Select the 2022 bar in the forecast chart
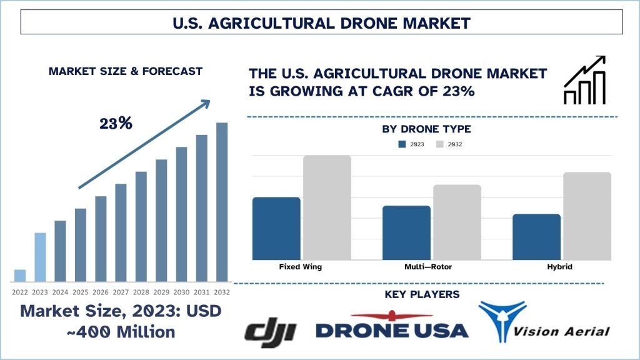(x=20, y=276)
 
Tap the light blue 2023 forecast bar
(x=40, y=257)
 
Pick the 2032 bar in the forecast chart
(x=222, y=202)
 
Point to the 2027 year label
(x=121, y=292)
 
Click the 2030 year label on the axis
(x=181, y=292)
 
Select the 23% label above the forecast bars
(x=116, y=123)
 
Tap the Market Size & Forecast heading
(x=126, y=71)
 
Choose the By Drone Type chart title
(x=426, y=129)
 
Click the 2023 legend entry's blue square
(x=402, y=144)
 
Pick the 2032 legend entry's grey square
(x=439, y=144)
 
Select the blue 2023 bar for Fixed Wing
(x=276, y=228)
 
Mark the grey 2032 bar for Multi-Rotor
(x=457, y=222)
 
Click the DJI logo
(x=270, y=331)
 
